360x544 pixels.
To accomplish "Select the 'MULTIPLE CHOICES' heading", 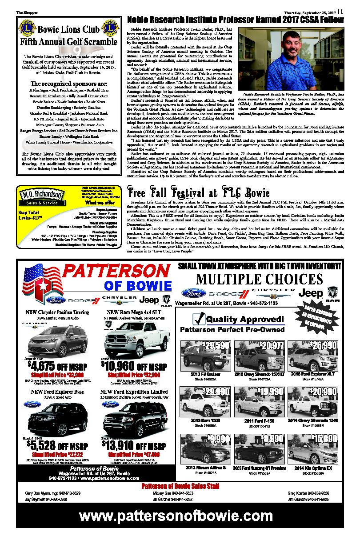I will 258,280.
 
